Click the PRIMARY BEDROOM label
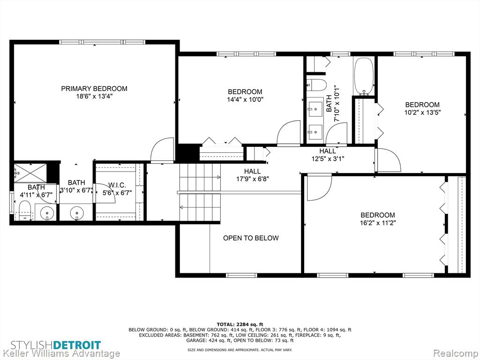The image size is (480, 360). pos(94,89)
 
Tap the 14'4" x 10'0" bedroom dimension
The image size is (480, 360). pos(245,99)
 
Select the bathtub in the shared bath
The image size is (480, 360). pos(364,76)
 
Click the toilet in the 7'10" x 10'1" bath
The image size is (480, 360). pos(316,85)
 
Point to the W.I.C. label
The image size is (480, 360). pos(117,185)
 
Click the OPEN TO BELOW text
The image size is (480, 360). pos(251,238)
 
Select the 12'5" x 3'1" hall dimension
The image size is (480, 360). pos(328,159)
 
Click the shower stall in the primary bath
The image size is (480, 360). pos(30,172)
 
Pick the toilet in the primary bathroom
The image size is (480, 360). pos(24,210)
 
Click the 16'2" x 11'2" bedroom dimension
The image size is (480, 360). pos(378,223)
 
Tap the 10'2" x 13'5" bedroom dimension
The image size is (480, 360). pos(422,112)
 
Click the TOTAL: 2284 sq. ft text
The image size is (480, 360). pos(240,324)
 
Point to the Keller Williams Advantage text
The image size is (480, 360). pos(60,353)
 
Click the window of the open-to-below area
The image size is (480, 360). pos(241,275)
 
